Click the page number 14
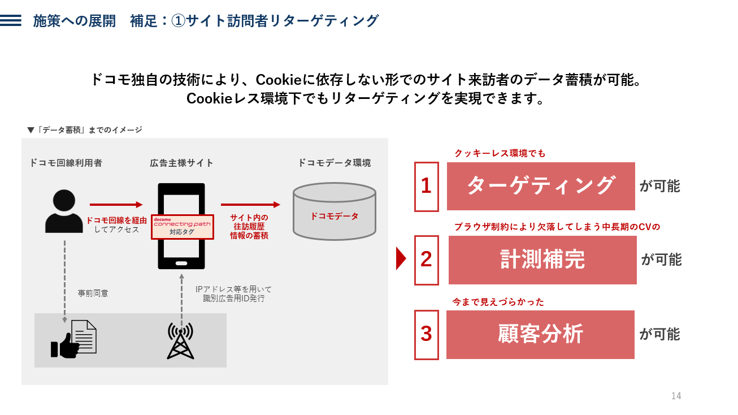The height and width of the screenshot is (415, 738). pyautogui.click(x=676, y=396)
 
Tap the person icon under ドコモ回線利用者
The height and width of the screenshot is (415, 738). pyautogui.click(x=64, y=211)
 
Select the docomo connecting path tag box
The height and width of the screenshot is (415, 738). pyautogui.click(x=182, y=227)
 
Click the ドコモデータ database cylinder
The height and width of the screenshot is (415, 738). pyautogui.click(x=335, y=211)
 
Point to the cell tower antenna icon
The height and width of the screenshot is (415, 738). pyautogui.click(x=181, y=341)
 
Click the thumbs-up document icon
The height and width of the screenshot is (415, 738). pyautogui.click(x=73, y=339)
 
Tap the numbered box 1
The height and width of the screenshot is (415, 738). pyautogui.click(x=426, y=187)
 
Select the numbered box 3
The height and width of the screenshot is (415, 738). pyautogui.click(x=426, y=335)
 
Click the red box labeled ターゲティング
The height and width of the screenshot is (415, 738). pyautogui.click(x=541, y=186)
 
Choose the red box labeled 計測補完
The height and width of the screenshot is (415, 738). pyautogui.click(x=542, y=260)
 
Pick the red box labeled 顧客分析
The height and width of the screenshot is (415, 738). pyautogui.click(x=540, y=335)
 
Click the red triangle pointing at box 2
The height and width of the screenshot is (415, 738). pyautogui.click(x=401, y=258)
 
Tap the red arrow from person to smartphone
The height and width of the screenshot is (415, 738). pyautogui.click(x=116, y=205)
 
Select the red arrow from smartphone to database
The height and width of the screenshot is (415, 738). pyautogui.click(x=250, y=205)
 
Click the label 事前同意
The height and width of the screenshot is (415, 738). pyautogui.click(x=93, y=293)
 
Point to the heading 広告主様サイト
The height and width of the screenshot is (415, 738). pyautogui.click(x=181, y=163)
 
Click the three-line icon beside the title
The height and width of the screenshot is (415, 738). pyautogui.click(x=11, y=20)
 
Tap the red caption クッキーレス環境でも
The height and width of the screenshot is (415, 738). pyautogui.click(x=500, y=153)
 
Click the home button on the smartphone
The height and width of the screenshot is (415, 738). pyautogui.click(x=181, y=263)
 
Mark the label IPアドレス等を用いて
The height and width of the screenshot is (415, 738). pyautogui.click(x=233, y=289)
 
